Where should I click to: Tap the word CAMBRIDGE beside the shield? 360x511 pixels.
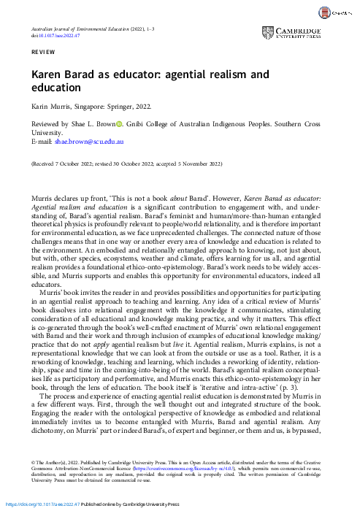pos(304,30)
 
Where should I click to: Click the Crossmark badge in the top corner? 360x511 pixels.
pos(337,13)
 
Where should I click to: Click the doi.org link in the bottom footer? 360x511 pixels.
pos(43,504)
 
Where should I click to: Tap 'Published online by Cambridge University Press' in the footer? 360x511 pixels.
pos(139,504)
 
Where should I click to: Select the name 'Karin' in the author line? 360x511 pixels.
pos(40,107)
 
